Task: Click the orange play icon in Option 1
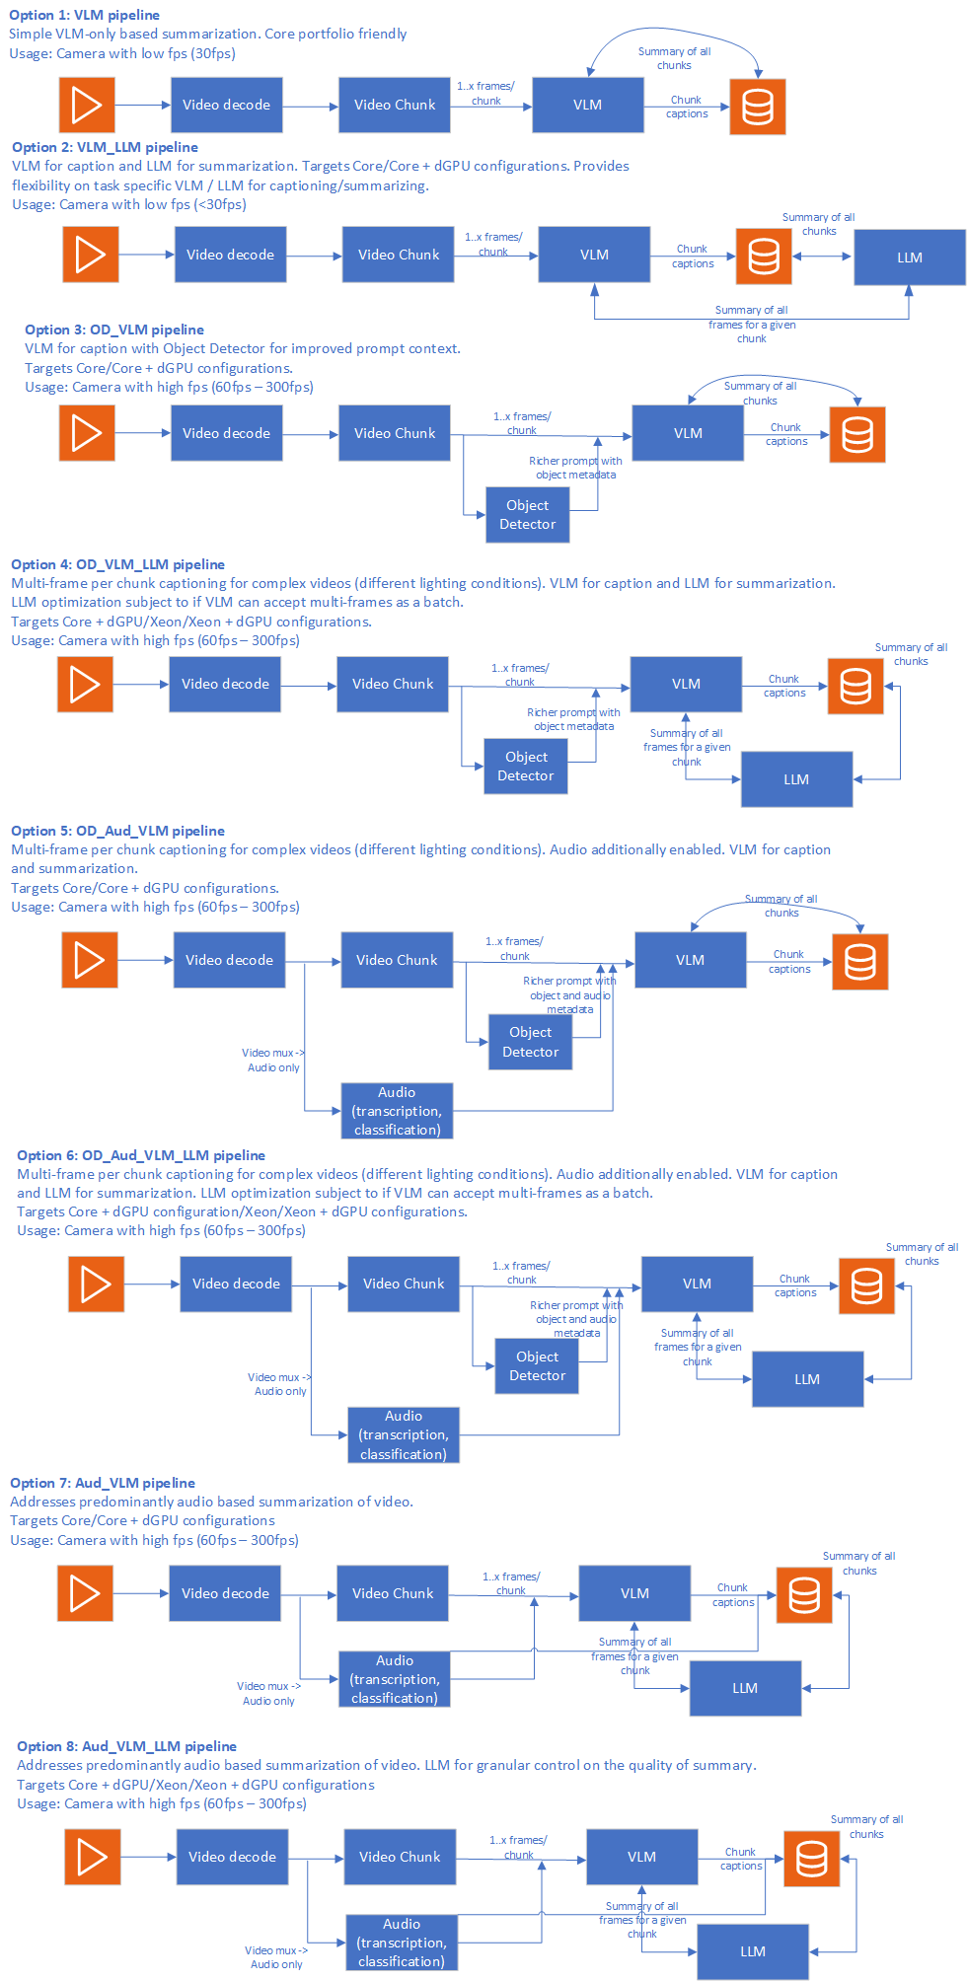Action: (87, 105)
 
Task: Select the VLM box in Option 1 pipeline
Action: (587, 105)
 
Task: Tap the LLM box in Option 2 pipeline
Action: (909, 257)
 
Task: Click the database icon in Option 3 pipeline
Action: (856, 434)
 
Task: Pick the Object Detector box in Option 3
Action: (528, 515)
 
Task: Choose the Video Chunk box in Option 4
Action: (393, 684)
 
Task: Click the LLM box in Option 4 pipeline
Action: (796, 779)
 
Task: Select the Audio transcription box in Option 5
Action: (397, 1111)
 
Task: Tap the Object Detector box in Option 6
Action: (537, 1366)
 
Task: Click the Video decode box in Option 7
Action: (225, 1593)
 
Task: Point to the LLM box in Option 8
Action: (753, 1951)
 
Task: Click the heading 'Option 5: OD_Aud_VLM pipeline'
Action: (117, 831)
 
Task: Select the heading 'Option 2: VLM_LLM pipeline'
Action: (105, 147)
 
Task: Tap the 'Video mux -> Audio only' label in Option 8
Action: (276, 1957)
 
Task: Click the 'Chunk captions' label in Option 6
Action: (795, 1285)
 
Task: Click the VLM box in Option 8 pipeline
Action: (641, 1857)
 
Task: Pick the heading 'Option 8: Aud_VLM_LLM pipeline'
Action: (126, 1746)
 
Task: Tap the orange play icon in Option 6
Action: (96, 1284)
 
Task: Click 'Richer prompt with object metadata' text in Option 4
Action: (573, 719)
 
